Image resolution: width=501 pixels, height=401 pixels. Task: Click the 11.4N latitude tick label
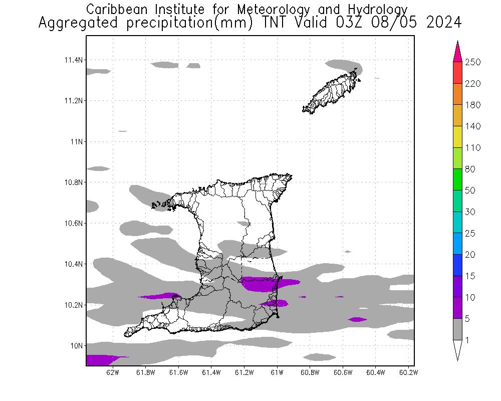click(x=73, y=60)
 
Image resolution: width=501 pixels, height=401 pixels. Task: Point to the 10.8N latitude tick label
click(x=73, y=182)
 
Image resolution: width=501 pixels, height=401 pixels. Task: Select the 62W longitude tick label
click(x=113, y=372)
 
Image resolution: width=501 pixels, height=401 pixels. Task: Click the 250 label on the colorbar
click(x=473, y=62)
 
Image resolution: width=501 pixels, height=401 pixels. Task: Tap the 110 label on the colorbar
click(x=473, y=148)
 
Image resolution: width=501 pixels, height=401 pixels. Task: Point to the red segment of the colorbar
click(x=457, y=73)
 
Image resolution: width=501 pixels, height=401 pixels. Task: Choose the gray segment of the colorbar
click(x=457, y=329)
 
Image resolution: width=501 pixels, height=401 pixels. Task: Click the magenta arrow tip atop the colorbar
click(x=457, y=50)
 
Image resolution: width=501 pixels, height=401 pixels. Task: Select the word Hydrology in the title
click(x=378, y=9)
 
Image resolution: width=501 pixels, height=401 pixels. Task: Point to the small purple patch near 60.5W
click(x=357, y=319)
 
